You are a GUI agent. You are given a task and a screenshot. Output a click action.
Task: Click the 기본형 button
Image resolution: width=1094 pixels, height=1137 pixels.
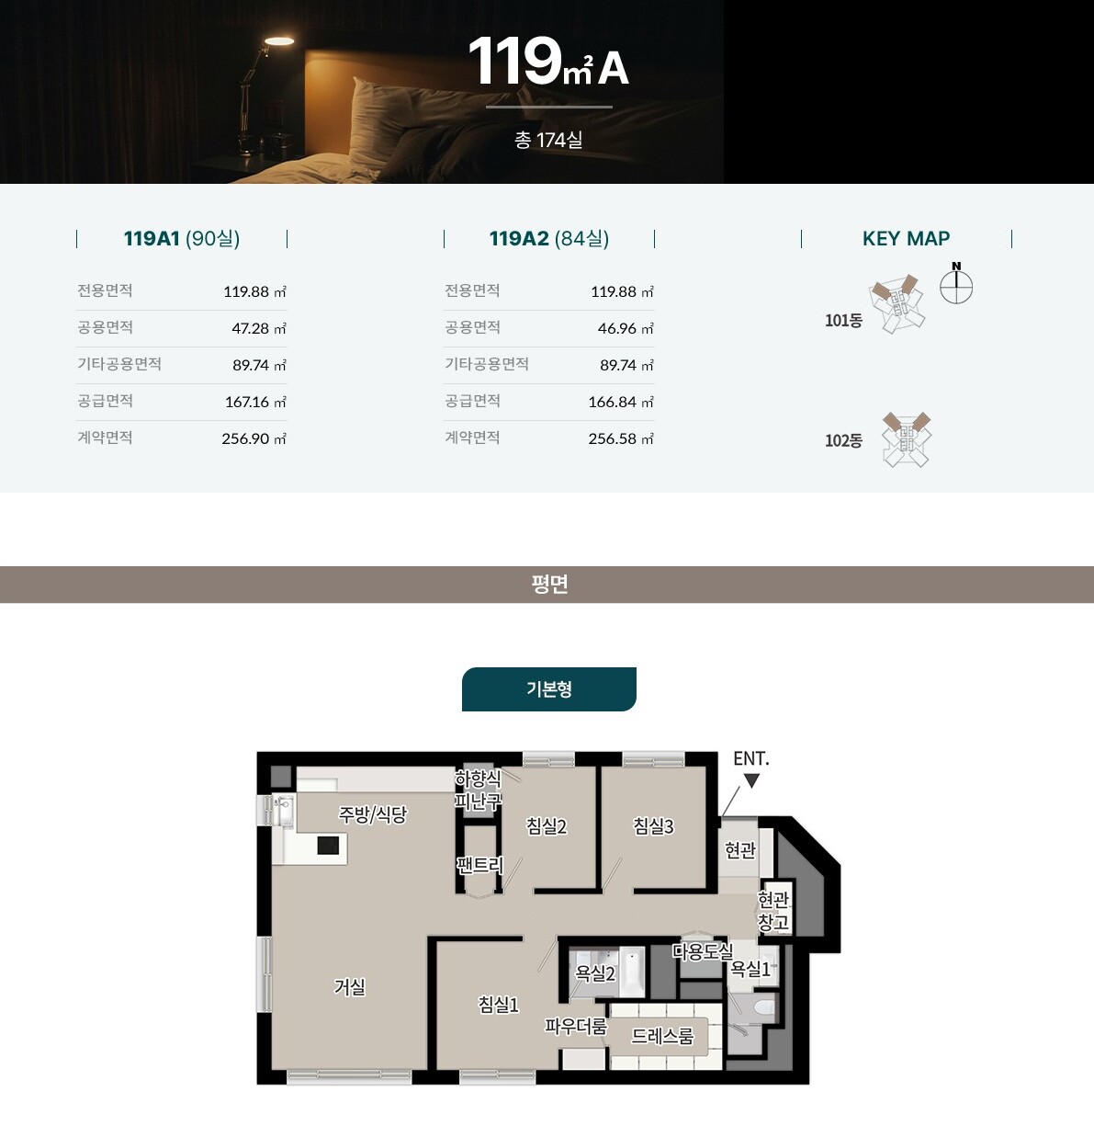(548, 688)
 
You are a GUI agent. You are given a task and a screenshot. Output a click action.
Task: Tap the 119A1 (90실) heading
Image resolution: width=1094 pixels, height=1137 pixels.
(182, 238)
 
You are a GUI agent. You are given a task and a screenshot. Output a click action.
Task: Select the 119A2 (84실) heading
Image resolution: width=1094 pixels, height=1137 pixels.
(548, 238)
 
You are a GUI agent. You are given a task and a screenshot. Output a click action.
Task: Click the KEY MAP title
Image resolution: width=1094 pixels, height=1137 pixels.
(906, 238)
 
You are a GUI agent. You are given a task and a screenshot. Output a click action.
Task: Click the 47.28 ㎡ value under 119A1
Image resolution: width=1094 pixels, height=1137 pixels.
(259, 328)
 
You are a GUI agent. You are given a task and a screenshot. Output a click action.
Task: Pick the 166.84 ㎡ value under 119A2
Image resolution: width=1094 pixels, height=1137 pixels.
(621, 402)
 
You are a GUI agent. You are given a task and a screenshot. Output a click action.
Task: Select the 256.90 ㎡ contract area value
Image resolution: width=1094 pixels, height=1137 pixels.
(254, 438)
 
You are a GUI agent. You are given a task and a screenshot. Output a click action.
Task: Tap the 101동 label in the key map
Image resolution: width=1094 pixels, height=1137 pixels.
(843, 320)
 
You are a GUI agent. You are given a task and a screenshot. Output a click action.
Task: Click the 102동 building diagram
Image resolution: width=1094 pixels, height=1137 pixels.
(906, 439)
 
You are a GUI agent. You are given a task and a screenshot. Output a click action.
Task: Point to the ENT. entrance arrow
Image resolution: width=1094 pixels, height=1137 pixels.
(752, 780)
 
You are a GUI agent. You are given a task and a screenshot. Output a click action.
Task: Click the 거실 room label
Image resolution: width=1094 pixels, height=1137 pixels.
(350, 987)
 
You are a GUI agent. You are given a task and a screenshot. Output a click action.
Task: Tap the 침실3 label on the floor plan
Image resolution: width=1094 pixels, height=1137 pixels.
(653, 826)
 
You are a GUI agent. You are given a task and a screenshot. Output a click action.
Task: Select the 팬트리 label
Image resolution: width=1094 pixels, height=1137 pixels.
(479, 865)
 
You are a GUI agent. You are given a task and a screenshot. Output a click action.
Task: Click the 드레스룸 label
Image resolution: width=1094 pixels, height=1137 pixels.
(662, 1036)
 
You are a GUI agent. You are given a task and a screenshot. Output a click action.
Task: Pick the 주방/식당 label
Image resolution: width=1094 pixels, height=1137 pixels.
(372, 814)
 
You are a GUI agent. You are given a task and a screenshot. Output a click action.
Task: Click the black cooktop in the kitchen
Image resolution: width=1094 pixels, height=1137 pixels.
(328, 846)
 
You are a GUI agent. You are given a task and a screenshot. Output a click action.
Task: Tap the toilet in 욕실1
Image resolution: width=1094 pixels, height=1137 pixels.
(764, 1007)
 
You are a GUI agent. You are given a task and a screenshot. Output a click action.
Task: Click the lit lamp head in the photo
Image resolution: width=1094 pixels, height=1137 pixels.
(279, 40)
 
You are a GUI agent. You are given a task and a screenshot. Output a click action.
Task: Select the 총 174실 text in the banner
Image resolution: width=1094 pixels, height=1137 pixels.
(548, 141)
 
